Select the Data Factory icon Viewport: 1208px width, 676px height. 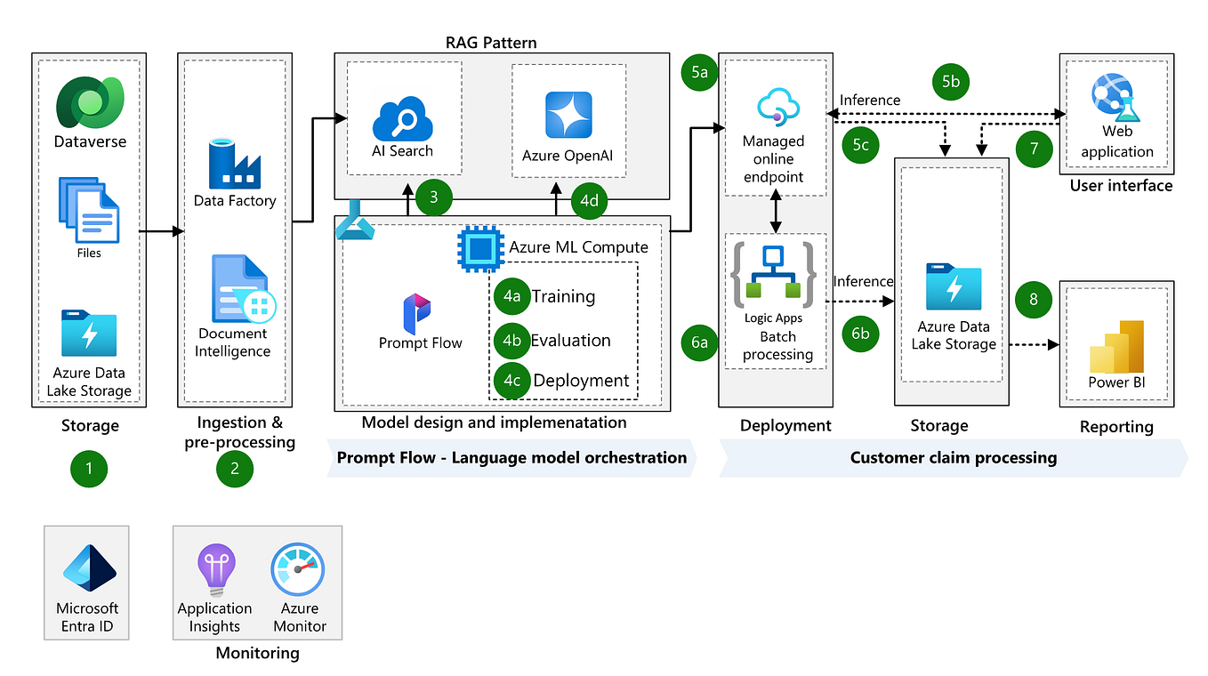click(x=234, y=163)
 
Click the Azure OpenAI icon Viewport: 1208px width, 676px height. click(x=568, y=116)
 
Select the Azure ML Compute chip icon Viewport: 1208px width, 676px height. click(x=479, y=248)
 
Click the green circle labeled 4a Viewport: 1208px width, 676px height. click(x=511, y=297)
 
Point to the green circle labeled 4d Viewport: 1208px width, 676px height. click(x=589, y=200)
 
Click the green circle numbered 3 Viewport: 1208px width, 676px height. click(x=433, y=197)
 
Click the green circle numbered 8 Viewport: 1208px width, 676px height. click(x=1034, y=300)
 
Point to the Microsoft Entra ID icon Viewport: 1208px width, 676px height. click(x=88, y=569)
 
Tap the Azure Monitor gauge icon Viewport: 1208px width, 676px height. click(x=298, y=571)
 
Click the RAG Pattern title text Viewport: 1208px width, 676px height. click(x=490, y=42)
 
